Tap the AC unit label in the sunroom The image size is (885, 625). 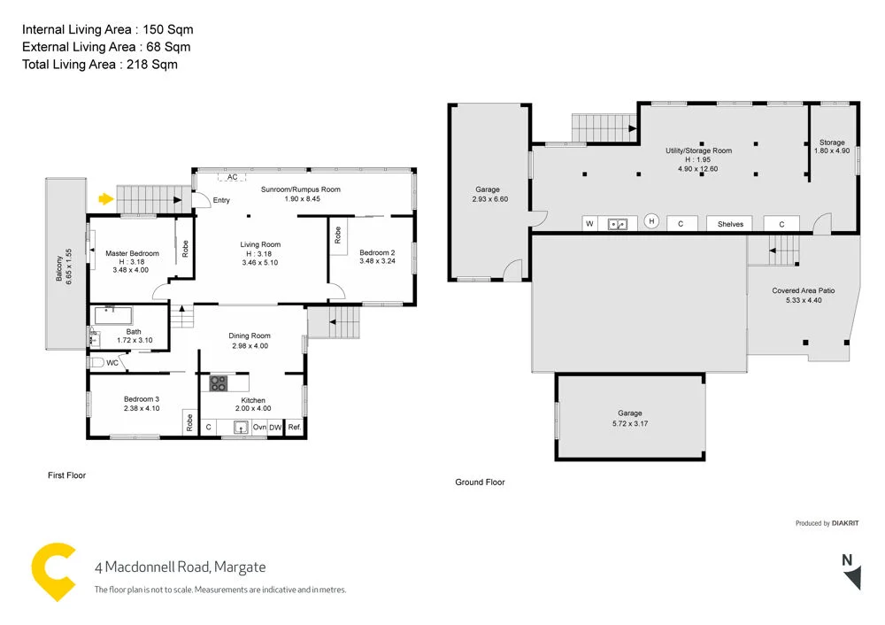click(232, 176)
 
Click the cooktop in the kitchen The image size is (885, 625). click(218, 384)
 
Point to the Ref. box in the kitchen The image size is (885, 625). click(294, 428)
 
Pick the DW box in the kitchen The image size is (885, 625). click(275, 428)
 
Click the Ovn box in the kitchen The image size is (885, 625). click(259, 428)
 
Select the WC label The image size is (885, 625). click(112, 362)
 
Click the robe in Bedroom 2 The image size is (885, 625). click(338, 235)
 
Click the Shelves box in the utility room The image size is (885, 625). click(730, 224)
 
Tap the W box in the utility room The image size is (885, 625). click(589, 224)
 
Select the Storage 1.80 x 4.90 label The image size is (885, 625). click(832, 146)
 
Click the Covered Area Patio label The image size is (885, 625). click(803, 295)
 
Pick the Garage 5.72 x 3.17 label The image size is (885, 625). click(629, 418)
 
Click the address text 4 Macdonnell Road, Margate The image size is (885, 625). click(180, 567)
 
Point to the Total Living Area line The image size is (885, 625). click(100, 64)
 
